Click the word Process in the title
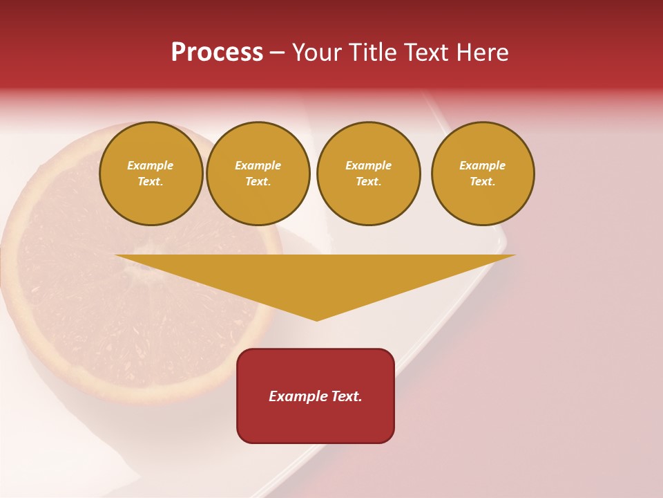pos(217,53)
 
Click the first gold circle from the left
pos(151,174)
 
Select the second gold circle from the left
pos(258,174)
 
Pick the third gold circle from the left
pos(368,174)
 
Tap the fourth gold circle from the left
pos(483,174)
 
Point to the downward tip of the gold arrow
pos(317,319)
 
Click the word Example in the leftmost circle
pos(151,165)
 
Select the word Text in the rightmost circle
pos(482,182)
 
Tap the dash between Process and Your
pos(277,53)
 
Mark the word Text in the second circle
pos(258,182)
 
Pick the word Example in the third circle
pos(368,165)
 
